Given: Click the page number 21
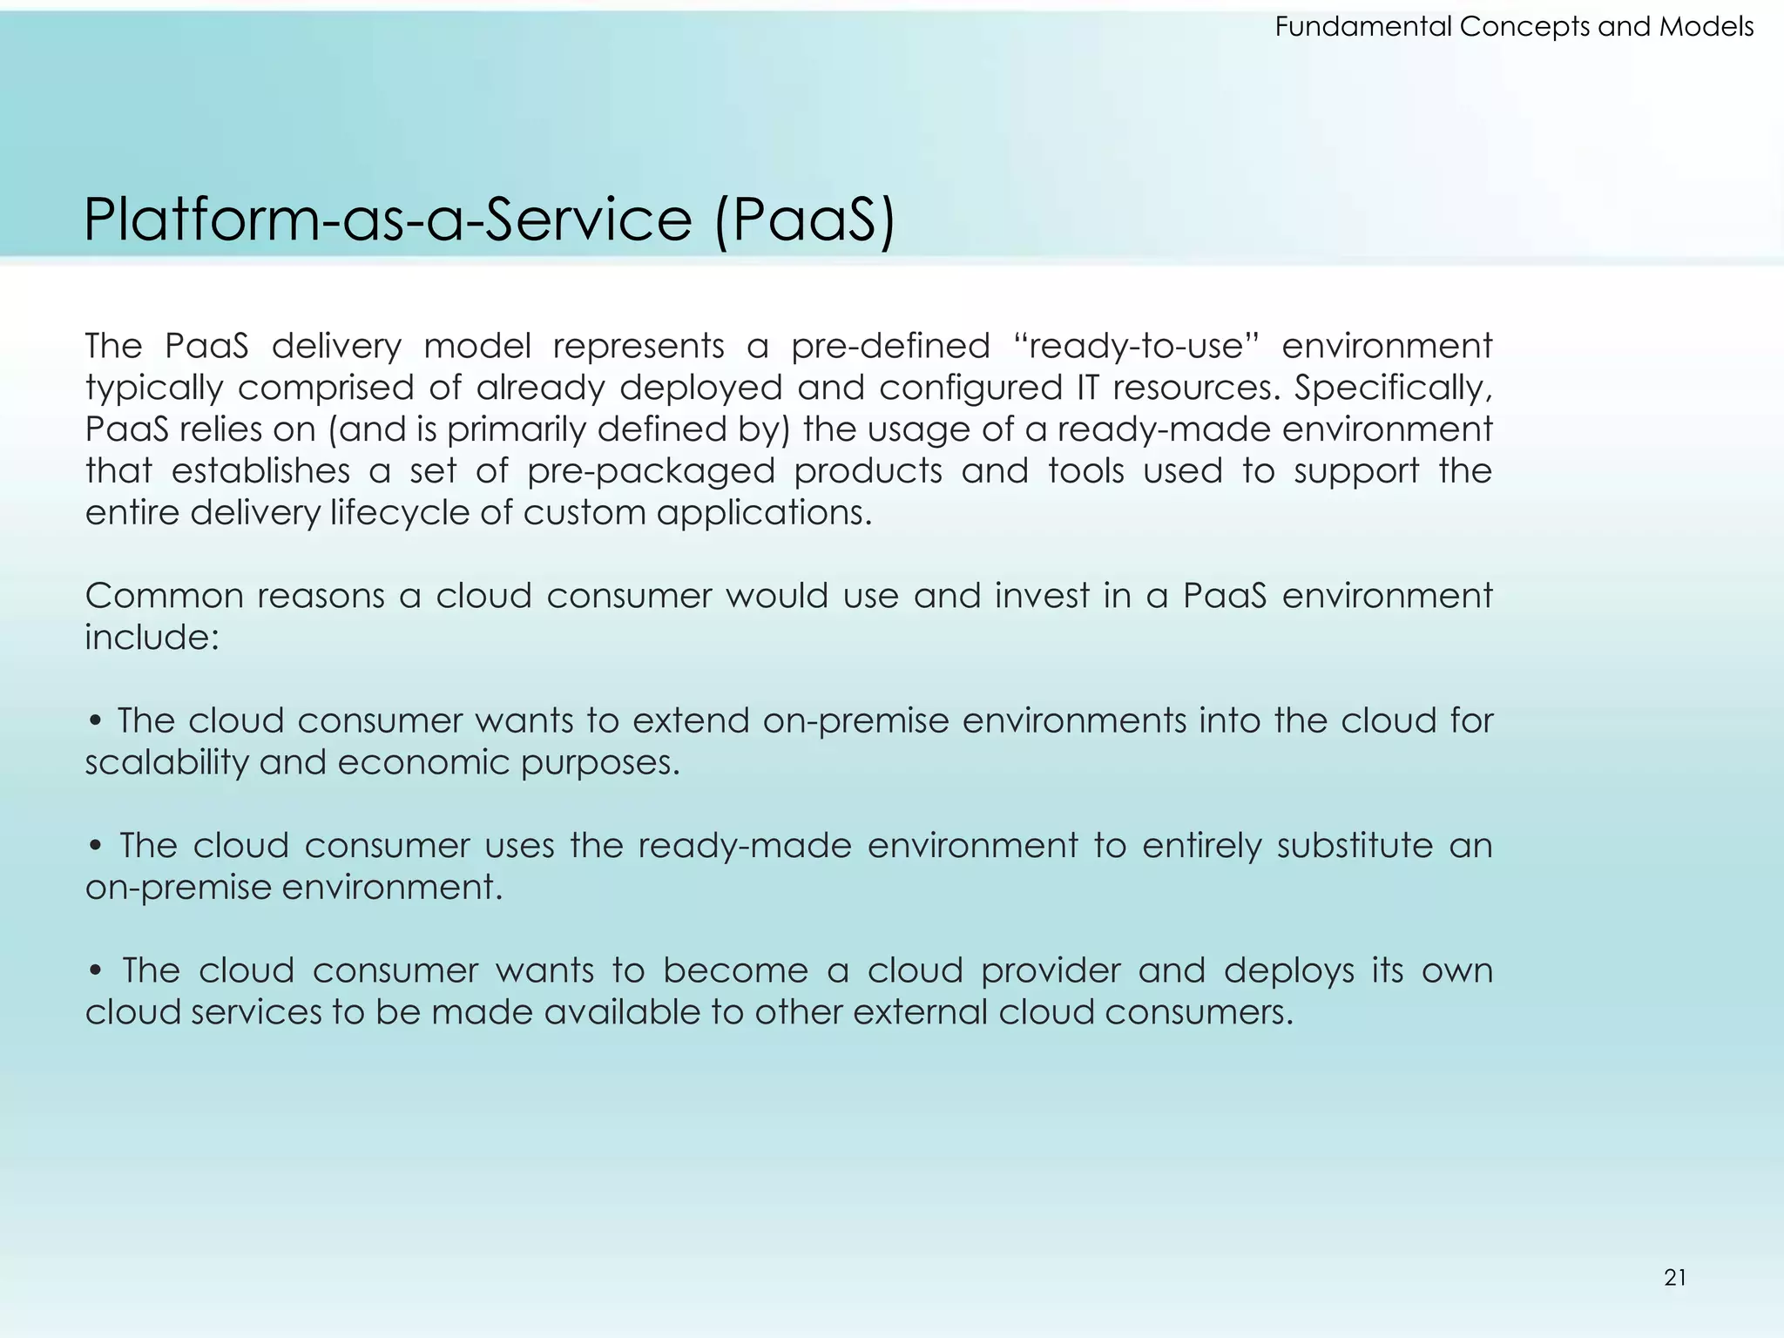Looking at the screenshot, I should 1674,1277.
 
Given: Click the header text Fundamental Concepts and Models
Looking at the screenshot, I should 1514,27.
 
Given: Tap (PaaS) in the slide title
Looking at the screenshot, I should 804,220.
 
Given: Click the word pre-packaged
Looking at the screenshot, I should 651,471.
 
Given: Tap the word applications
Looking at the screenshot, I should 764,513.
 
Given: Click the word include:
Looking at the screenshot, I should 152,638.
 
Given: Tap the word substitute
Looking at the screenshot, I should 1355,846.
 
